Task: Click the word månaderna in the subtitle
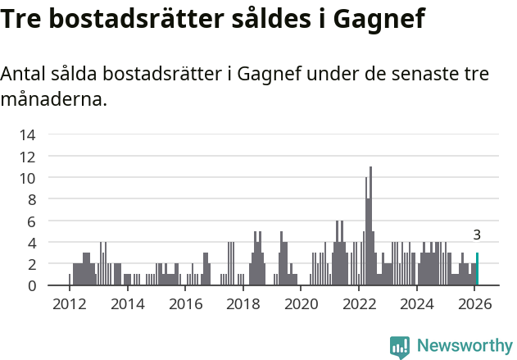(53, 101)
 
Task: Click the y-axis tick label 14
(27, 134)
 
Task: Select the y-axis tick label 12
(27, 157)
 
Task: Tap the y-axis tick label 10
(27, 178)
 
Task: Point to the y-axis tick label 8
(31, 199)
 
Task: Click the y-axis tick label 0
(31, 285)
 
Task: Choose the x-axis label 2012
(69, 304)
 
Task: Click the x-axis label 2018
(243, 304)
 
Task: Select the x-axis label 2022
(359, 304)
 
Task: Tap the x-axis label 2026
(474, 304)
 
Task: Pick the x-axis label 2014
(127, 304)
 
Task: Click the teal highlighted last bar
(477, 270)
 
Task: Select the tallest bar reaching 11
(370, 226)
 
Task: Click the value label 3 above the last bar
(477, 235)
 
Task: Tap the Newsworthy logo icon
(400, 346)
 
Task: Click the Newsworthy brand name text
(464, 346)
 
